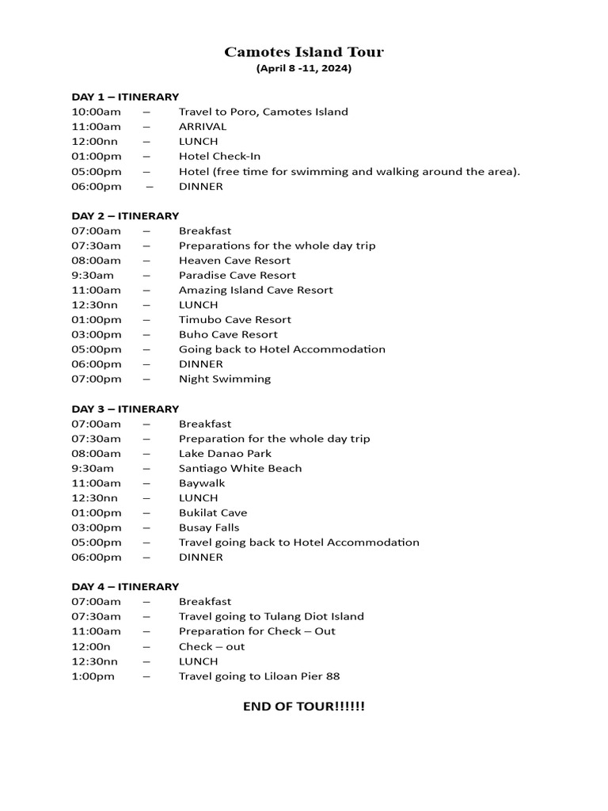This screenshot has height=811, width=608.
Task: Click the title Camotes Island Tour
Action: (x=304, y=52)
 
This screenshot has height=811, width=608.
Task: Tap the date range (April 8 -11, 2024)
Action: (x=304, y=69)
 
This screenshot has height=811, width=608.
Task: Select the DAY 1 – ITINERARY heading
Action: (x=125, y=97)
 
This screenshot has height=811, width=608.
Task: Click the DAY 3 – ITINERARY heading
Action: (x=125, y=409)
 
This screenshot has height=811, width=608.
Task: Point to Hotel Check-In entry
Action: (x=219, y=156)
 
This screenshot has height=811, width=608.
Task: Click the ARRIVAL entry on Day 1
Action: (x=203, y=127)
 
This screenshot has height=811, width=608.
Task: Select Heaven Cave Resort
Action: (x=234, y=261)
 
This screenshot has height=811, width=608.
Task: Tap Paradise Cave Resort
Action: (x=237, y=276)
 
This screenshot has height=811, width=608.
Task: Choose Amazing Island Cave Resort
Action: (x=256, y=290)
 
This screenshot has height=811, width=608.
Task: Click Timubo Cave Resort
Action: (x=235, y=320)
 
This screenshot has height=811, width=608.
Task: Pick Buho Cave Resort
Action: (x=228, y=334)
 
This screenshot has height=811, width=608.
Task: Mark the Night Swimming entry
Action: (x=225, y=379)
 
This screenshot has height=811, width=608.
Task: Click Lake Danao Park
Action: (x=225, y=454)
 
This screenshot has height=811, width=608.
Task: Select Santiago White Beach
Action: (x=240, y=468)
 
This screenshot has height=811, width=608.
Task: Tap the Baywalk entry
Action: (x=202, y=483)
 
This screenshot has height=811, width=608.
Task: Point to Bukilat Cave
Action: (x=213, y=513)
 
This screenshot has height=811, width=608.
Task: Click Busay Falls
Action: (x=209, y=527)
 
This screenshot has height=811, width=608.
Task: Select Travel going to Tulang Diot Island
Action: (x=272, y=616)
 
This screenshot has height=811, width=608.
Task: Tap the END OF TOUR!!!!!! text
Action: (x=304, y=706)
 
